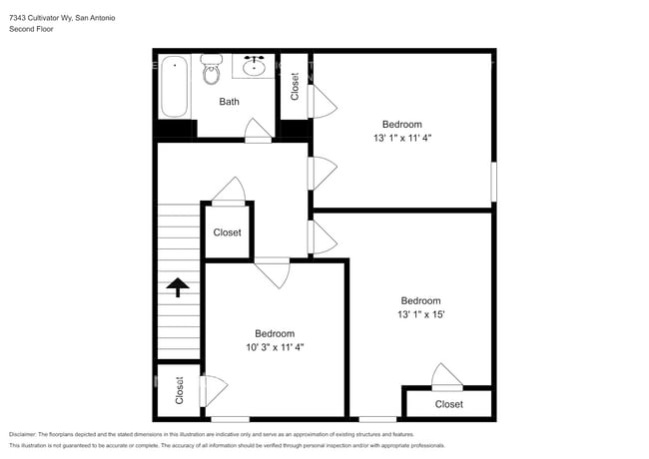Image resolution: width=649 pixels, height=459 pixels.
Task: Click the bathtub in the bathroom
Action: [175, 87]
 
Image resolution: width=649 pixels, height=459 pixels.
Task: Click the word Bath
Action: [230, 102]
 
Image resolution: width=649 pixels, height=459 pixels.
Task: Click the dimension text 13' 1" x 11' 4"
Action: [401, 139]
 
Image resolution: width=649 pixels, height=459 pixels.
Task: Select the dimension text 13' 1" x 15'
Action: [420, 314]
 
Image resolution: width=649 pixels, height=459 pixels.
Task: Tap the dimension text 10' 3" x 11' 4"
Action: [274, 347]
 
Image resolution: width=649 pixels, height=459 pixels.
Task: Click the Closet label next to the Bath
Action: [295, 87]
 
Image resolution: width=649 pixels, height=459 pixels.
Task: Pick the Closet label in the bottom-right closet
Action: [448, 404]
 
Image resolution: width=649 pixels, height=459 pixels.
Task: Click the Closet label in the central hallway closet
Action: [228, 232]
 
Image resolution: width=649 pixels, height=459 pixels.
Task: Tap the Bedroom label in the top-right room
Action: [401, 125]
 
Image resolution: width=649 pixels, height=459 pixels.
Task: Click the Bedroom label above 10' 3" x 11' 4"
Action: [274, 333]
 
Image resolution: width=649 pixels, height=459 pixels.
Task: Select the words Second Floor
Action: [31, 29]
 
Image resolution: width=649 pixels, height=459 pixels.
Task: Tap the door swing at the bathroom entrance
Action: [258, 130]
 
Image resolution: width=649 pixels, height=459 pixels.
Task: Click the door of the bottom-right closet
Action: [446, 377]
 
